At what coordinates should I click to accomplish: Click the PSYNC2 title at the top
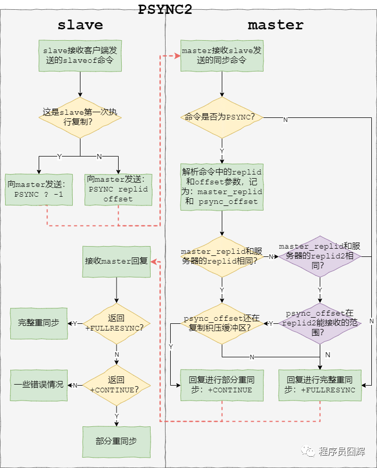[165, 9]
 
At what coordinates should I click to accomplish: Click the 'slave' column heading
[80, 25]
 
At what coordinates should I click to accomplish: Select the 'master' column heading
[275, 25]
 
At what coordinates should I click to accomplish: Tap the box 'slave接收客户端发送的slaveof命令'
[80, 56]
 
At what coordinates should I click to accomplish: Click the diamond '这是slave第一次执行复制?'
[80, 117]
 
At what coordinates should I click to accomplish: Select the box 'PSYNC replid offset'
[118, 189]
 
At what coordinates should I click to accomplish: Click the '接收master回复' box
[117, 261]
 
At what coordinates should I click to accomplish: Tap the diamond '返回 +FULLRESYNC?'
[117, 323]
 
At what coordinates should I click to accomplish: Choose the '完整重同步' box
[39, 323]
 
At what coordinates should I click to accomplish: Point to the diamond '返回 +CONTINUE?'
[117, 385]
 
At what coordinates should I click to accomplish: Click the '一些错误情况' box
[39, 385]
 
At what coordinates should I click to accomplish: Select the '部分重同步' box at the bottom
[117, 441]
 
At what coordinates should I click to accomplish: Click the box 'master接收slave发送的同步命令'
[222, 56]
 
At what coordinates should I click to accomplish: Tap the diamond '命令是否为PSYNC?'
[222, 117]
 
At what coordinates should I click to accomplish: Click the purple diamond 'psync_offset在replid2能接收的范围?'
[320, 323]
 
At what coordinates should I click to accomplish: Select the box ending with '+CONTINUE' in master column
[222, 385]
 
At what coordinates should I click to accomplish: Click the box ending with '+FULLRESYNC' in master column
[320, 385]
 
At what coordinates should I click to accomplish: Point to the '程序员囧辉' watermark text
[341, 452]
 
